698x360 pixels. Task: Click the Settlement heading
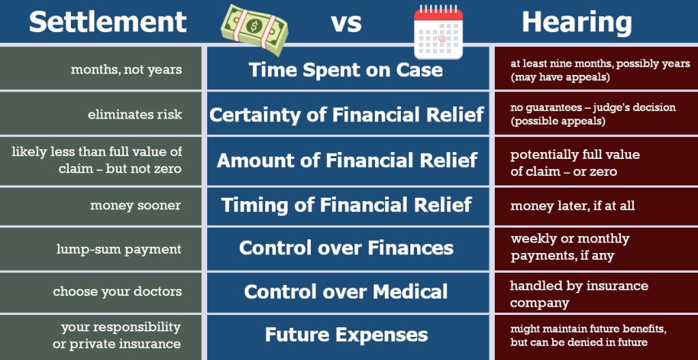coord(107,21)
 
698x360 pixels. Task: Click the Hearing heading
coord(577,22)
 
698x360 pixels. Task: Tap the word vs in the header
coord(346,23)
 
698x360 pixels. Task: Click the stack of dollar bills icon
coord(254,30)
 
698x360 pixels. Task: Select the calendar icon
coord(438,31)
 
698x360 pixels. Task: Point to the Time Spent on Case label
coord(346,70)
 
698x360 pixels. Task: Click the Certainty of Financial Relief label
coord(346,115)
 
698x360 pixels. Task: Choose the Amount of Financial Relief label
coord(347,160)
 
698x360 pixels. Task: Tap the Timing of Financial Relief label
coord(346,205)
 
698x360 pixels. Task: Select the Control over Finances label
coord(346,247)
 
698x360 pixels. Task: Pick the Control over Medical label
coord(346,291)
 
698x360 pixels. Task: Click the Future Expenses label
coord(346,335)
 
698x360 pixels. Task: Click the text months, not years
coord(126,70)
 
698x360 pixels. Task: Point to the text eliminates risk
coord(135,115)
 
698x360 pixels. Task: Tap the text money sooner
coord(136,205)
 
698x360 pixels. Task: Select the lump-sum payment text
coord(119,249)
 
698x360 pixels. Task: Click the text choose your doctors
coord(117,291)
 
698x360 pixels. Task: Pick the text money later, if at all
coord(573,205)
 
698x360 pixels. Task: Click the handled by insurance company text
coord(579,294)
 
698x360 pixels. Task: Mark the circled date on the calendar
coord(442,38)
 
